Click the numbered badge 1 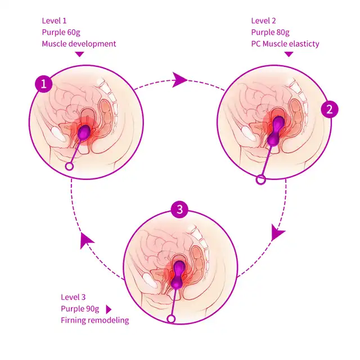[44, 84]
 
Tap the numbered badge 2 [330, 109]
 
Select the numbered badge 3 [180, 209]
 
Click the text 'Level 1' [54, 21]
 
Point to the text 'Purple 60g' [61, 33]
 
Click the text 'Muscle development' [79, 44]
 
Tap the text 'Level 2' [264, 21]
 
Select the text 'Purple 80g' [271, 33]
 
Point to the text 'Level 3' [73, 298]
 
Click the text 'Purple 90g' [80, 309]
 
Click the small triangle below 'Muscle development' [79, 54]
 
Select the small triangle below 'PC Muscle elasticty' [289, 54]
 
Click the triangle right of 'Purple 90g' [109, 309]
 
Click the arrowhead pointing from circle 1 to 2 [179, 80]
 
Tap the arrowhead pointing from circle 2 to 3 [277, 232]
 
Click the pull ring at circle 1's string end [69, 166]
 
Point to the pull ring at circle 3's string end [171, 319]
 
